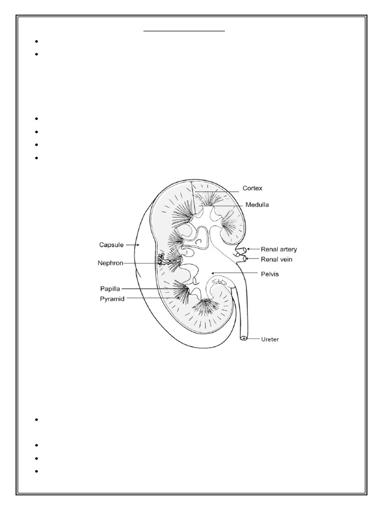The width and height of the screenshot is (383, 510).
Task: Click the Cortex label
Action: pos(252,189)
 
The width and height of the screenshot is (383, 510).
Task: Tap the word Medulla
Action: pos(257,205)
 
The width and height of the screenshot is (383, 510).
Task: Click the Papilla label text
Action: pos(110,288)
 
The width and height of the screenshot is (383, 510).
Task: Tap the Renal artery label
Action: pos(279,249)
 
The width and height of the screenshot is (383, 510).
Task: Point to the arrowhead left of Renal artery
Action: pos(249,249)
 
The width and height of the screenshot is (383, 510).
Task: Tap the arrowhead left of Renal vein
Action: pos(249,258)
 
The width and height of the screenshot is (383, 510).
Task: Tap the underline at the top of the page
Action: pos(185,31)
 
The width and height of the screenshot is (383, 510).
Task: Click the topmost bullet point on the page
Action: pos(37,41)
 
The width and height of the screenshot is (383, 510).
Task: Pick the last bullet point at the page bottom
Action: pos(37,471)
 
